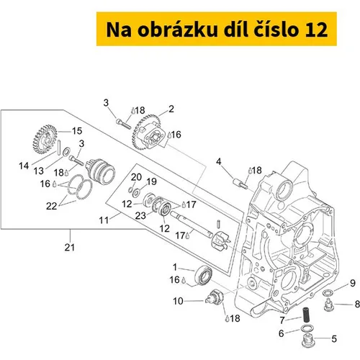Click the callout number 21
(x=70, y=247)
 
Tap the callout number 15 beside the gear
(x=77, y=131)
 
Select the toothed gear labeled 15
(x=45, y=139)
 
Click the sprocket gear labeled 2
(x=149, y=132)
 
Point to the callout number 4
(x=218, y=161)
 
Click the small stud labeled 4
(x=240, y=183)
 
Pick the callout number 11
(x=104, y=220)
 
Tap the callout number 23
(x=140, y=215)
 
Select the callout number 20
(x=136, y=177)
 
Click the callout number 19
(x=152, y=181)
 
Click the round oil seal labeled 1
(x=204, y=275)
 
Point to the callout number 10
(x=178, y=301)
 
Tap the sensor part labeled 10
(x=215, y=297)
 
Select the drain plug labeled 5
(x=307, y=341)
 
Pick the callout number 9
(x=353, y=283)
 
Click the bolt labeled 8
(x=328, y=304)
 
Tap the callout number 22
(x=51, y=206)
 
